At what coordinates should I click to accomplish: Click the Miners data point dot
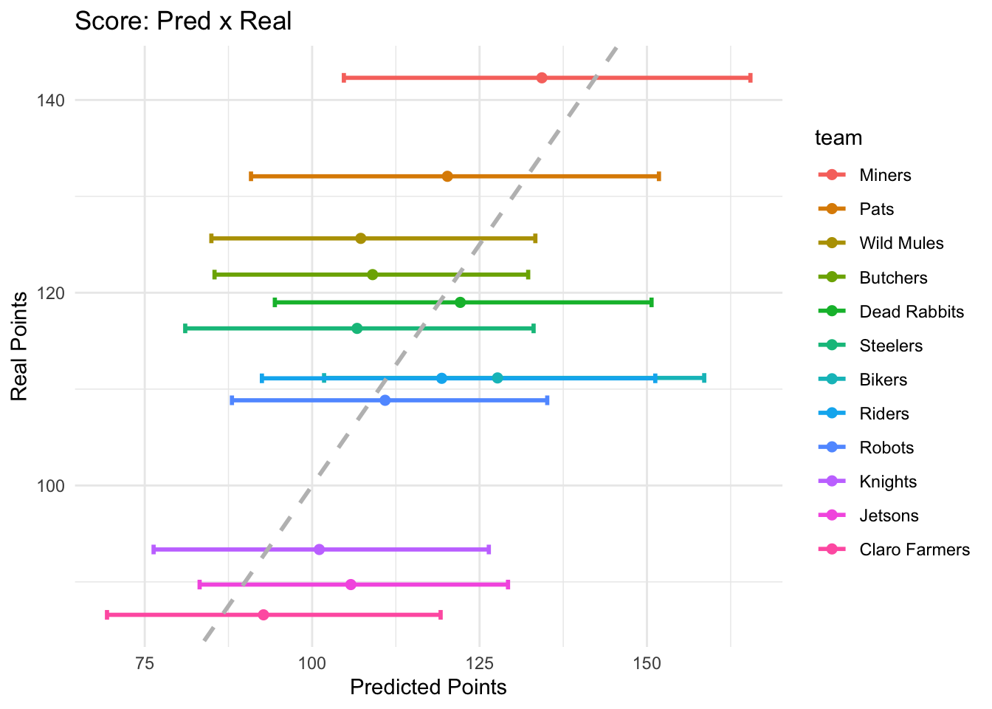coord(542,78)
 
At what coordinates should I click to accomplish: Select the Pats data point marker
coord(447,176)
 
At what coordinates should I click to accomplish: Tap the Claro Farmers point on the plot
coord(263,614)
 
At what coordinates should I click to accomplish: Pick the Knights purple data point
coord(319,549)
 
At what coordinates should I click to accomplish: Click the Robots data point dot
coord(385,400)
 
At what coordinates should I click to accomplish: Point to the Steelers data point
coord(357,328)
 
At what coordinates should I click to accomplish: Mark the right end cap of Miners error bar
coord(751,78)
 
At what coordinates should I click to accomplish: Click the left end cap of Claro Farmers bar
coord(107,614)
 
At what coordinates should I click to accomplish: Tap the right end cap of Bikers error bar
coord(704,378)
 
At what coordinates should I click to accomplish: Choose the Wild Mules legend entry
coord(901,244)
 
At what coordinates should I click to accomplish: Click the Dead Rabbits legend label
coord(912,312)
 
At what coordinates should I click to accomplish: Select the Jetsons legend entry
coord(889,516)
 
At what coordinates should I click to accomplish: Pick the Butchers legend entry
coord(893,278)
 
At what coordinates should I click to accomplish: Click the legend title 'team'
coord(838,138)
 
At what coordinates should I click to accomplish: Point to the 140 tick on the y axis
coord(55,100)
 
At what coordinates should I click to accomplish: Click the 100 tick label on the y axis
coord(55,486)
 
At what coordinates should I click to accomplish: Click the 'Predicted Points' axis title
coord(428,688)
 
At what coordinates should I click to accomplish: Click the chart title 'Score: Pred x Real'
coord(183,21)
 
